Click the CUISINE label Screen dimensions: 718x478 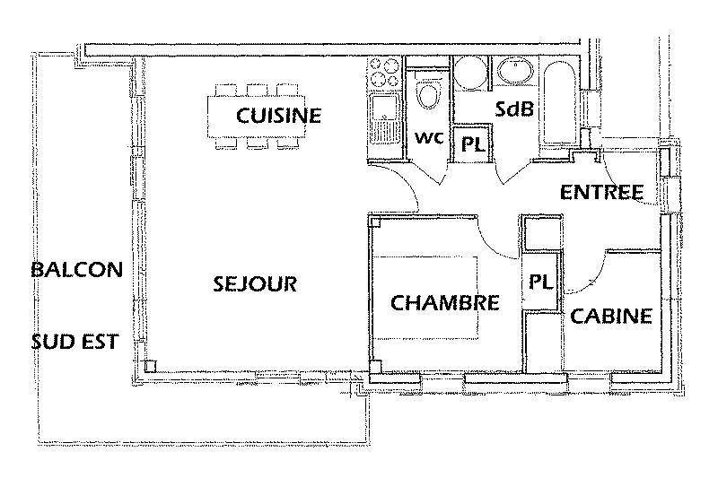[278, 116]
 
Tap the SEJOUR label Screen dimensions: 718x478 [255, 284]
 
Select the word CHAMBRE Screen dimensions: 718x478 [444, 303]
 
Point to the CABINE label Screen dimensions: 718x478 [611, 316]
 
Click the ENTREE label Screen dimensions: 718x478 [601, 192]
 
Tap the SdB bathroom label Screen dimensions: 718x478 [514, 109]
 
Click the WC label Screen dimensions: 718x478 [429, 137]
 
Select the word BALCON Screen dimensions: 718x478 [77, 270]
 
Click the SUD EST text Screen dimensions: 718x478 [75, 342]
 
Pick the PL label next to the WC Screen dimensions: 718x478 [473, 145]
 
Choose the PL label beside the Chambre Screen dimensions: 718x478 [541, 282]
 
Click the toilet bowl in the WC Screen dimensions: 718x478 [428, 95]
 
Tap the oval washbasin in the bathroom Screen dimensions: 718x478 [515, 72]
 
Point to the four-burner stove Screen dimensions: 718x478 [384, 73]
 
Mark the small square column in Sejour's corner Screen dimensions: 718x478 [150, 366]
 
